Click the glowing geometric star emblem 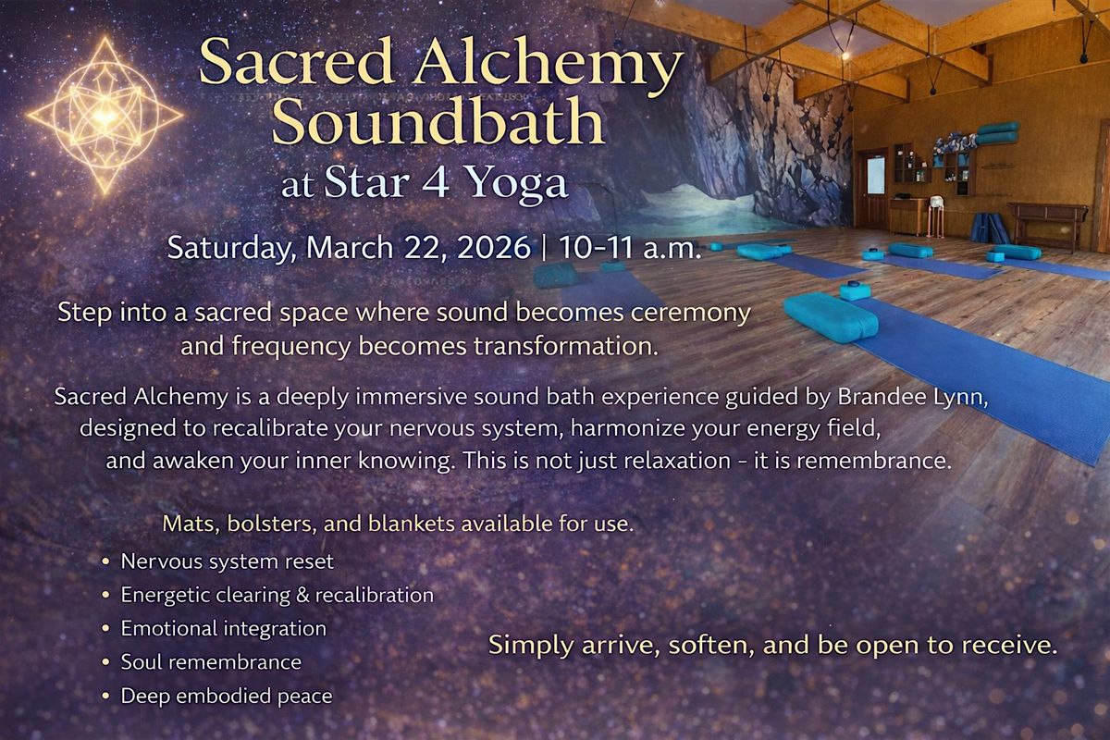pos(105,116)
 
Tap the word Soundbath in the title pos(438,121)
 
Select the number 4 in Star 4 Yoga pos(436,181)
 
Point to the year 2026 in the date pos(493,247)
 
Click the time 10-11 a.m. pos(630,247)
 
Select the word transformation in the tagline pos(566,345)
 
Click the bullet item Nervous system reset pos(227,561)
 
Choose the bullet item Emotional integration pos(224,628)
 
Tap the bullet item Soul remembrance pos(211,662)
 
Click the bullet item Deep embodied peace pos(227,696)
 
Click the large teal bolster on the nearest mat pos(831,317)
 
